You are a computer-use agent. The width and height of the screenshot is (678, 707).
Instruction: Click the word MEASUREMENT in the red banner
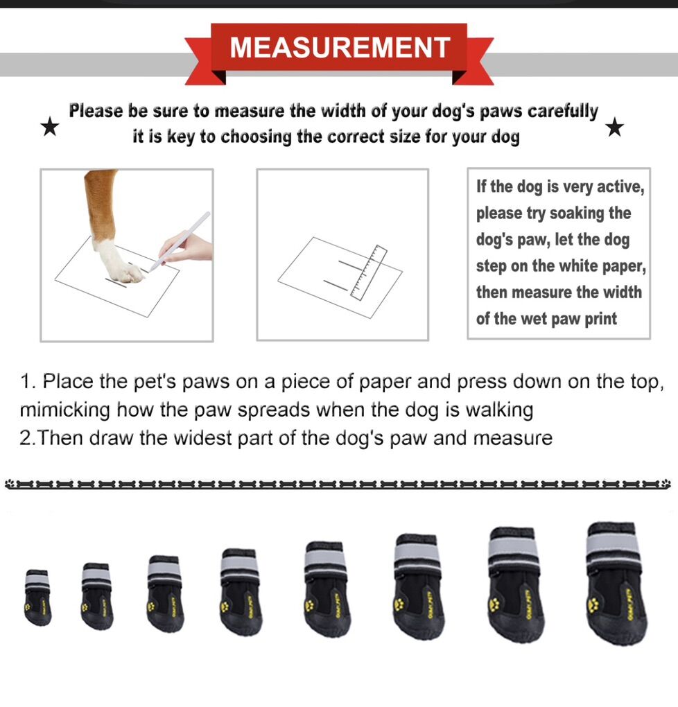coord(340,47)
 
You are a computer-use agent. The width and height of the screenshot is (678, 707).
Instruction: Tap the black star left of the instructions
coord(50,127)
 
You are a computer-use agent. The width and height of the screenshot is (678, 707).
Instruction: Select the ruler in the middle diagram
coord(369,273)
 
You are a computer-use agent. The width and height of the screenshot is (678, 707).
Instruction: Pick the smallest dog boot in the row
coord(37,597)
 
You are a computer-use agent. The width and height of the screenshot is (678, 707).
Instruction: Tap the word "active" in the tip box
coord(620,186)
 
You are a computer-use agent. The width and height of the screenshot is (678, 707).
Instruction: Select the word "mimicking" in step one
coord(65,410)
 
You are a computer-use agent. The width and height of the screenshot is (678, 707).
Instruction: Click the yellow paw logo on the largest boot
coord(594,603)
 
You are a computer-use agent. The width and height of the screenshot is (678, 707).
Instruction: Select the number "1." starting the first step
coord(28,382)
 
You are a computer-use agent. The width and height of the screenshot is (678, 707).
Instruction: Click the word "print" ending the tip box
coord(601,320)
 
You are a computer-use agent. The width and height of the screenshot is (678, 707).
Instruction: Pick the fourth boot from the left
coord(241,591)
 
